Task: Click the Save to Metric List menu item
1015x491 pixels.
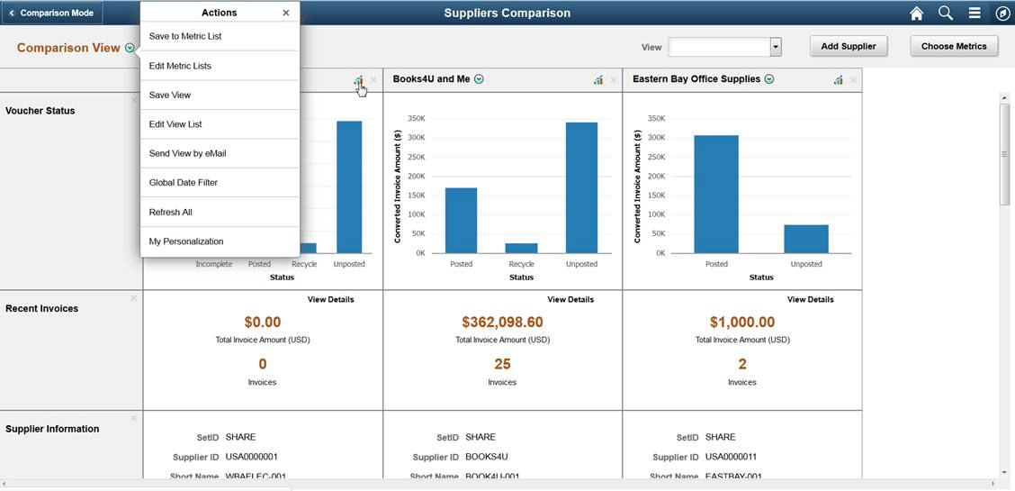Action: pyautogui.click(x=185, y=37)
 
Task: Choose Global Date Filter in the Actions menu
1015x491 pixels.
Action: pyautogui.click(x=184, y=183)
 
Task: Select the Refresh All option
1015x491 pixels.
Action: pyautogui.click(x=171, y=213)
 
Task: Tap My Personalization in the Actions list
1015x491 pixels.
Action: pyautogui.click(x=186, y=241)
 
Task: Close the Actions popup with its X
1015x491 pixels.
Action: pyautogui.click(x=286, y=13)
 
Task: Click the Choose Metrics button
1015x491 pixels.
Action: pyautogui.click(x=954, y=46)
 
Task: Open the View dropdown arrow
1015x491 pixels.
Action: pyautogui.click(x=776, y=47)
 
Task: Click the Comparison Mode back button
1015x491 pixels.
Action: pyautogui.click(x=51, y=13)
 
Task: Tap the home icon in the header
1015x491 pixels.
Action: pyautogui.click(x=916, y=13)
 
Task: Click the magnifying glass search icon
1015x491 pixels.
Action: pyautogui.click(x=946, y=13)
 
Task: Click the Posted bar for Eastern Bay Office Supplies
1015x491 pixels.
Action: pyautogui.click(x=716, y=194)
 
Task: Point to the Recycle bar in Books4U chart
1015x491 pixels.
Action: pyautogui.click(x=521, y=248)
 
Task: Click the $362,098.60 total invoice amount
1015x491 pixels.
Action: pyautogui.click(x=502, y=322)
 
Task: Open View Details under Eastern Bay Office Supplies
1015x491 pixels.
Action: pyautogui.click(x=810, y=299)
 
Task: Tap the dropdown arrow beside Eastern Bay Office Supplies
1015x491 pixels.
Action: pyautogui.click(x=769, y=79)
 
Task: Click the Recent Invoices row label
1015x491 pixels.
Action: pyautogui.click(x=41, y=308)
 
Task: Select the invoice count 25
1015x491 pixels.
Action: pyautogui.click(x=502, y=364)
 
